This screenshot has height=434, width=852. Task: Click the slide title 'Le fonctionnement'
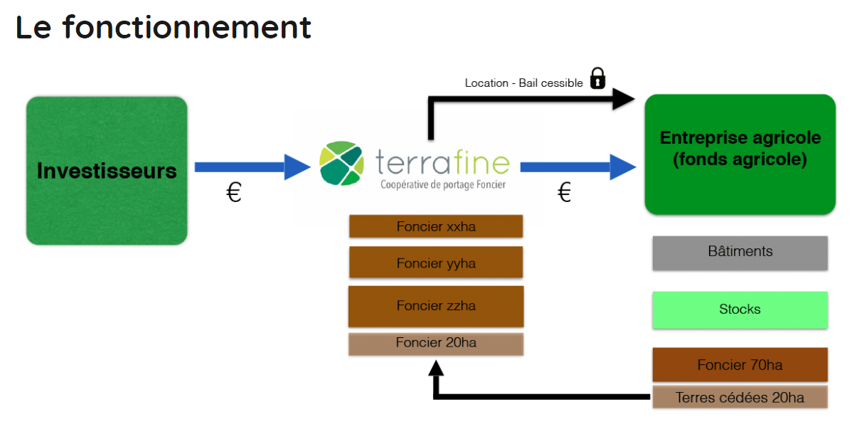pyautogui.click(x=164, y=27)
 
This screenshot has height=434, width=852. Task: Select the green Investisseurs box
pyautogui.click(x=107, y=171)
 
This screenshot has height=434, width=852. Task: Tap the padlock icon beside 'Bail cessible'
pyautogui.click(x=597, y=78)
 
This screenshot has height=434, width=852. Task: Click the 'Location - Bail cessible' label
pyautogui.click(x=523, y=83)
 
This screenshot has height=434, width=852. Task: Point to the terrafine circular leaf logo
pyautogui.click(x=341, y=164)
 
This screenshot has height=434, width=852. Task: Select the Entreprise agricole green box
pyautogui.click(x=740, y=154)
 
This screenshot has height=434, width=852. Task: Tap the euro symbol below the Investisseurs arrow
pyautogui.click(x=234, y=193)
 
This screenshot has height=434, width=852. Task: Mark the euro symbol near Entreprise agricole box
pyautogui.click(x=564, y=193)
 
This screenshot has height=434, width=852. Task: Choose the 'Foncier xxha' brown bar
pyautogui.click(x=436, y=226)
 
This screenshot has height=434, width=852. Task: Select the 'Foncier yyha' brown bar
pyautogui.click(x=436, y=263)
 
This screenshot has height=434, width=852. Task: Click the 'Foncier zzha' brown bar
pyautogui.click(x=436, y=306)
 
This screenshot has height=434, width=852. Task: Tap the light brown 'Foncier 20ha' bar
pyautogui.click(x=436, y=344)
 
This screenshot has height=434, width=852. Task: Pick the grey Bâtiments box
pyautogui.click(x=740, y=253)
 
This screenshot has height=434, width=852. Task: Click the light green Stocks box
pyautogui.click(x=740, y=309)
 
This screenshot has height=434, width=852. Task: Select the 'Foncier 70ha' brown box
pyautogui.click(x=740, y=365)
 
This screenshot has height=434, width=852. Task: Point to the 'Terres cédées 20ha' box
pyautogui.click(x=740, y=398)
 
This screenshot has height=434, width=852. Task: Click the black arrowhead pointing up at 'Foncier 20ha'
pyautogui.click(x=436, y=367)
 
